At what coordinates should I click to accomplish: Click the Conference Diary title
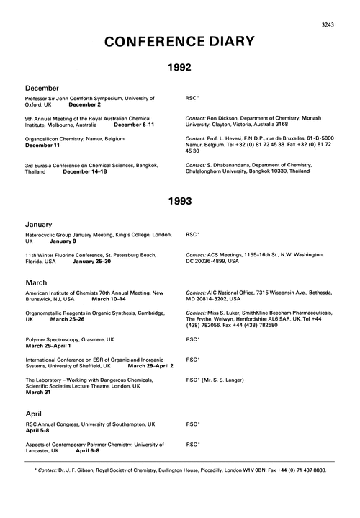tap(179, 42)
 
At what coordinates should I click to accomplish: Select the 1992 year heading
tap(179, 70)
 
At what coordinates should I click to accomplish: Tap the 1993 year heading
tap(179, 201)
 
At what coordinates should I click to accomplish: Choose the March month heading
tap(38, 282)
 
